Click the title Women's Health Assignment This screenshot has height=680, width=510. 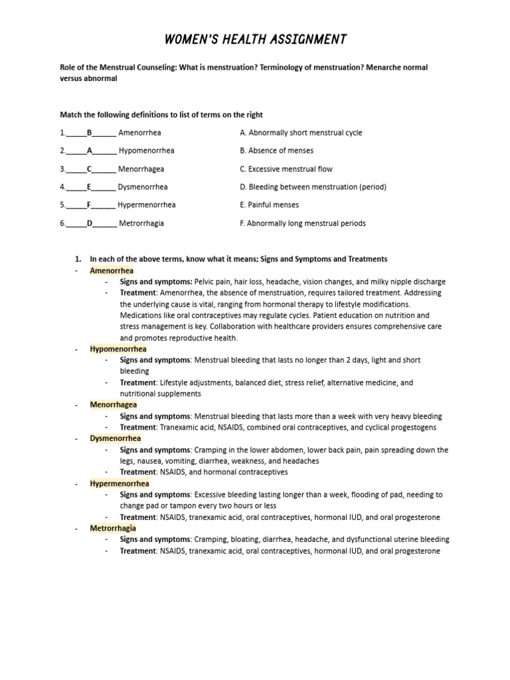(x=255, y=40)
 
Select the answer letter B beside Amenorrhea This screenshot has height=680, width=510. (x=89, y=133)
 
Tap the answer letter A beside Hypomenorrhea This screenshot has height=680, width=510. (x=89, y=151)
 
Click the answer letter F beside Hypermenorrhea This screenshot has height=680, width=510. (x=89, y=205)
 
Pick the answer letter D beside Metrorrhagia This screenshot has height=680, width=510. (x=89, y=223)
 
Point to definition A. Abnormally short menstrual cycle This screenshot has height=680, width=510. (x=301, y=133)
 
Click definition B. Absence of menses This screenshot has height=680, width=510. (x=276, y=151)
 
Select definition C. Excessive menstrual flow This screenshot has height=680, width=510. (x=286, y=169)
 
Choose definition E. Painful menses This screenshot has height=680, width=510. (x=269, y=205)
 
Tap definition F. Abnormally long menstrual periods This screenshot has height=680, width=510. (x=302, y=223)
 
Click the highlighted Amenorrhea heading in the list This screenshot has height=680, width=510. (x=112, y=271)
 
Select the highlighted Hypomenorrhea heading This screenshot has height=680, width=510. (x=118, y=349)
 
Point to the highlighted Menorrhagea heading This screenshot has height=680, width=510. (x=114, y=404)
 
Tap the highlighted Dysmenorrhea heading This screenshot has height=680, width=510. (x=116, y=438)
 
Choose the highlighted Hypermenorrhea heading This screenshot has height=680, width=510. (x=120, y=483)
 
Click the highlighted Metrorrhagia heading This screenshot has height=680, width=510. (x=113, y=528)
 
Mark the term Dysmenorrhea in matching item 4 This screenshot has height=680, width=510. (x=143, y=187)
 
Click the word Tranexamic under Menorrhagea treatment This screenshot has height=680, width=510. (x=179, y=427)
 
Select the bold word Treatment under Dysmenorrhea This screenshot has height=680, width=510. (x=137, y=472)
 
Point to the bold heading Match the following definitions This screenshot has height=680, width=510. (x=161, y=115)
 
